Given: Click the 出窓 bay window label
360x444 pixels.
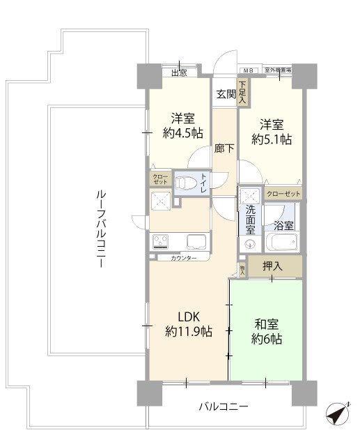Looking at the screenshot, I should pos(179,72).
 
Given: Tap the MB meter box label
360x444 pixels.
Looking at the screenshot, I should pos(248,70).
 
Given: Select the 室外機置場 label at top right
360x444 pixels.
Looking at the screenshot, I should pos(278,70).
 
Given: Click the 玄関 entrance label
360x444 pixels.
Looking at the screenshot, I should pos(225,94).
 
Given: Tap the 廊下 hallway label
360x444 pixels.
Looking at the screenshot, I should pos(224,148).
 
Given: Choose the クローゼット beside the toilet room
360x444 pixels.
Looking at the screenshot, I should pos(160,179).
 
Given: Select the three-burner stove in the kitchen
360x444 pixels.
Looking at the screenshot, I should pos(162,242).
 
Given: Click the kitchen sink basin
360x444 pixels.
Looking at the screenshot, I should pos(195,242).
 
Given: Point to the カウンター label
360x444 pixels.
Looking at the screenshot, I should pos(183,259).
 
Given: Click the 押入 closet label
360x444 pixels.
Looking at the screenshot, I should pos(272,266).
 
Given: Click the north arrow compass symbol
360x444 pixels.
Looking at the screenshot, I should pos(336,414).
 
